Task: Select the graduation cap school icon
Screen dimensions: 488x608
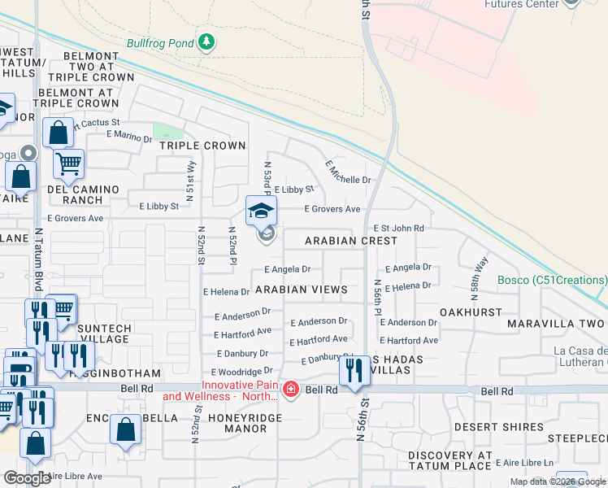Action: coord(262,211)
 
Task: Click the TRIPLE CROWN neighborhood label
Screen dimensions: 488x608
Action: coord(202,146)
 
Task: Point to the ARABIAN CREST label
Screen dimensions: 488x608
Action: coord(351,241)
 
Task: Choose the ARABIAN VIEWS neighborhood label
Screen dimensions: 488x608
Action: coord(301,290)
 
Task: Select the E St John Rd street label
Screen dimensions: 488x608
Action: coord(398,229)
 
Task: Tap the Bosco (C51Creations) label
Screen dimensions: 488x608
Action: coord(553,281)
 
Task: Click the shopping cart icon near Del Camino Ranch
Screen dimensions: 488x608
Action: coord(68,163)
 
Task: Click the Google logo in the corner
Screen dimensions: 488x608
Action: coord(27,478)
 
